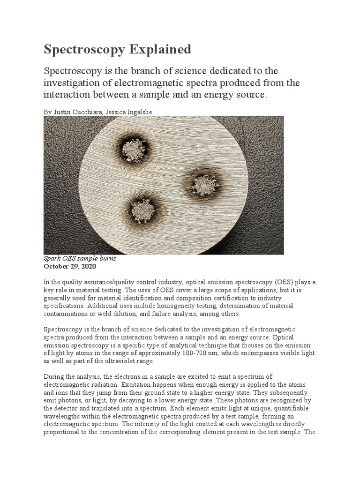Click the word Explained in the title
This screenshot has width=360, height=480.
(x=161, y=49)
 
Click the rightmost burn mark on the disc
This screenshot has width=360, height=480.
(x=203, y=184)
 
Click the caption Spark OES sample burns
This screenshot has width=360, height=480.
(x=79, y=259)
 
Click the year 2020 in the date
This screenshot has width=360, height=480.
(x=88, y=266)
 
